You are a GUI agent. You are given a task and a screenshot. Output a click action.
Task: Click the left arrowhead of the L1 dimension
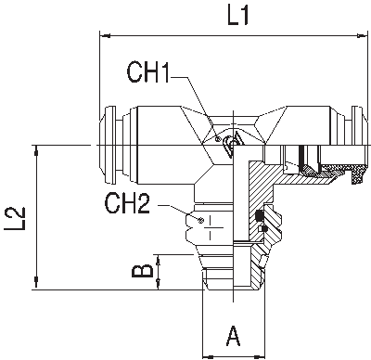click(101, 36)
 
